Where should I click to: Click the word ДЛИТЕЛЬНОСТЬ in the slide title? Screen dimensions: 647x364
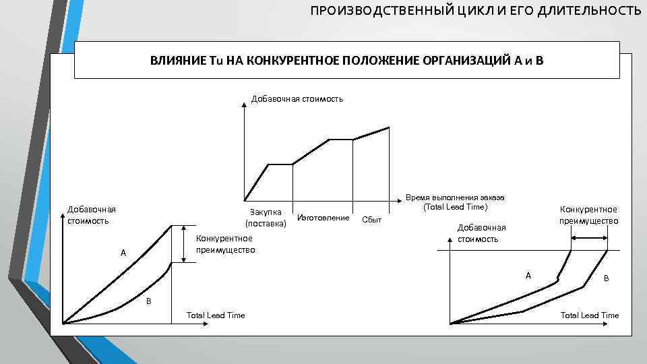(590, 11)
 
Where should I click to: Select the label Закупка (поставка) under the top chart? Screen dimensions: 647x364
(266, 218)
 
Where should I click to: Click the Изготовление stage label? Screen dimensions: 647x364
(323, 218)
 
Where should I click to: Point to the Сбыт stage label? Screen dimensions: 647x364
(371, 219)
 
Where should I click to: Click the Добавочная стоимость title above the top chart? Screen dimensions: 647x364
(297, 99)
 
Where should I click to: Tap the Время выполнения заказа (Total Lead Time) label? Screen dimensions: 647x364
(455, 202)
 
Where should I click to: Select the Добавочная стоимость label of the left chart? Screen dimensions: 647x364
(91, 214)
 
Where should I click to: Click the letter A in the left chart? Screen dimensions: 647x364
(123, 253)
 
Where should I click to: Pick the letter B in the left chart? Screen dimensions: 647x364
(149, 301)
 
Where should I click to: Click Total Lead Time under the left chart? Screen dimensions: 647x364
(216, 315)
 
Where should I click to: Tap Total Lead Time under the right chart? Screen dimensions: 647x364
(589, 315)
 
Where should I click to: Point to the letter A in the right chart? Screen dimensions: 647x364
(528, 275)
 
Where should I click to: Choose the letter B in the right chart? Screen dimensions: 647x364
(606, 278)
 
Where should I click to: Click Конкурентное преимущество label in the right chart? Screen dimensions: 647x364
(588, 215)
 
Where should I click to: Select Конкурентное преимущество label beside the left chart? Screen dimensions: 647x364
(225, 243)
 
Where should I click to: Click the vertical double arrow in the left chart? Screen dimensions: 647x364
(183, 243)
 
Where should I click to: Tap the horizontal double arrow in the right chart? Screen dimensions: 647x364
(588, 237)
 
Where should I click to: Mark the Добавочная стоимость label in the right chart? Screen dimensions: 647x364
(481, 233)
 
